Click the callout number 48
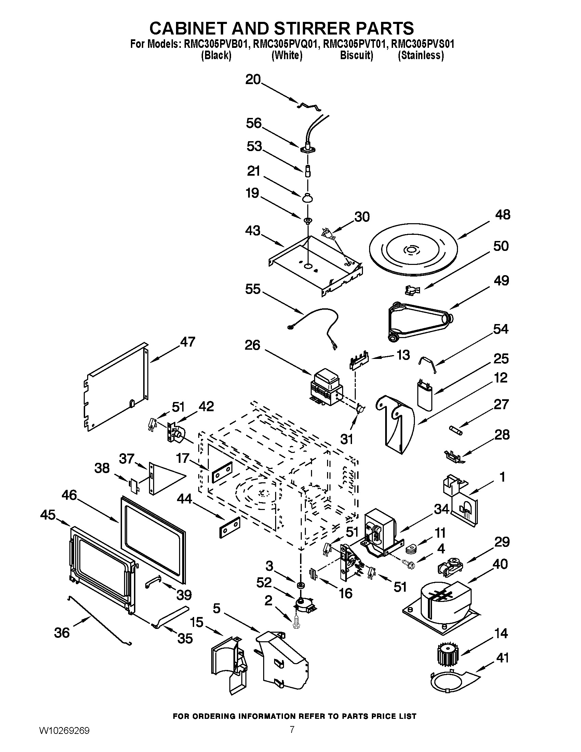[502, 215]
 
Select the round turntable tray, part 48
[413, 251]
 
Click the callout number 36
[62, 633]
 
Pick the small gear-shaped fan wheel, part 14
[448, 654]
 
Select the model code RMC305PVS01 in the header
[423, 44]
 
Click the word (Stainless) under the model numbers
[421, 55]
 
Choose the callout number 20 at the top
[253, 80]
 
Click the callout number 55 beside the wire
[253, 289]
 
